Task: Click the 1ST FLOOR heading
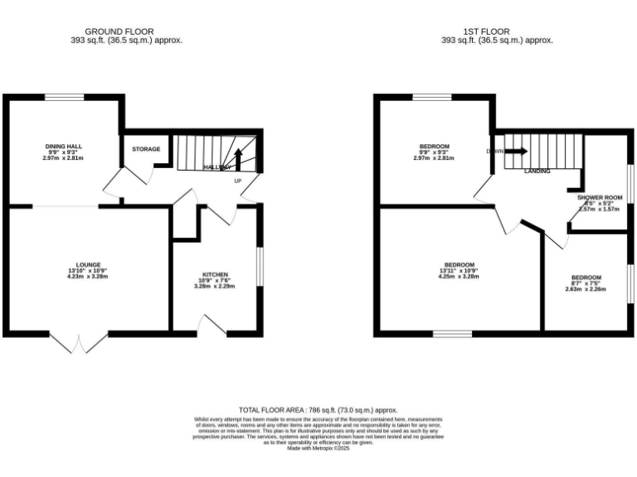[496, 31]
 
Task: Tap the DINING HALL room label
[64, 146]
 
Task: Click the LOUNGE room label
[87, 265]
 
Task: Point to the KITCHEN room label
[215, 275]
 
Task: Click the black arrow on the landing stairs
[515, 152]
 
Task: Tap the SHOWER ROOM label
[599, 198]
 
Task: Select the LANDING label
[539, 171]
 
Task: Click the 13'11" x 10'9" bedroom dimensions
[460, 271]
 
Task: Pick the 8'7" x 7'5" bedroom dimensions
[586, 283]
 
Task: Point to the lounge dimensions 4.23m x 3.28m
[87, 277]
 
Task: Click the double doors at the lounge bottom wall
[84, 342]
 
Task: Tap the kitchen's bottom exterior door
[214, 325]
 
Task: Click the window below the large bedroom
[451, 334]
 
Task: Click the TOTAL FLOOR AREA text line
[318, 410]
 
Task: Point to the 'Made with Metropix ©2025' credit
[318, 448]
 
